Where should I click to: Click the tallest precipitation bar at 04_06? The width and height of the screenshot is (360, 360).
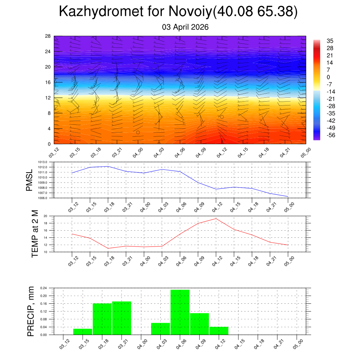click(x=180, y=312)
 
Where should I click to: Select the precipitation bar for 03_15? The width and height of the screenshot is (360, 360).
click(x=83, y=332)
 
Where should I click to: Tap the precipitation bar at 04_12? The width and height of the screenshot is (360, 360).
click(x=219, y=330)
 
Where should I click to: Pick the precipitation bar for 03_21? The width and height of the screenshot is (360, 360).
click(x=122, y=318)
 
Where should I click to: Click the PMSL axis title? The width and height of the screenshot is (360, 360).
click(x=30, y=180)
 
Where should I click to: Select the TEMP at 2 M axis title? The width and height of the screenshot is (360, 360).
click(x=35, y=233)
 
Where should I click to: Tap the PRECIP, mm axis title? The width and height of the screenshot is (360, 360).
click(x=31, y=311)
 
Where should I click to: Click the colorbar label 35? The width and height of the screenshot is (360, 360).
click(x=330, y=41)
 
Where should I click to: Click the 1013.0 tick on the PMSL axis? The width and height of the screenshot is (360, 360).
click(x=43, y=162)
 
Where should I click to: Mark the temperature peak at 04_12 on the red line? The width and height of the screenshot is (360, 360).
click(x=216, y=219)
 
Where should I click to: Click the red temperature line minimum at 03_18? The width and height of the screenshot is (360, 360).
click(x=108, y=248)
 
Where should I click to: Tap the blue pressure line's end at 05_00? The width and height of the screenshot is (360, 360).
click(x=288, y=197)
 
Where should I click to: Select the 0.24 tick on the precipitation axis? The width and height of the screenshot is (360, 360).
click(x=43, y=288)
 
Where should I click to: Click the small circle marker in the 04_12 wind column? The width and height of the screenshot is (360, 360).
click(x=222, y=117)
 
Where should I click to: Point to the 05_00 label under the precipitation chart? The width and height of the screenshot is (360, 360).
click(x=297, y=343)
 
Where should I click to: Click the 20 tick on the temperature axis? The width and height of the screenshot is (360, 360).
click(x=45, y=216)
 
